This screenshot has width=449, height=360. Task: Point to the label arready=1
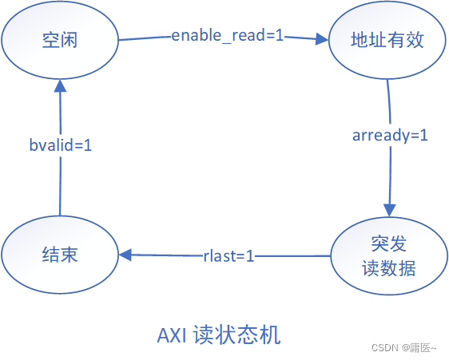click(x=390, y=135)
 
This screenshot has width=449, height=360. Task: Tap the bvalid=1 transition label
click(x=60, y=146)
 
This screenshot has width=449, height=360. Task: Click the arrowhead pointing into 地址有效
click(x=323, y=38)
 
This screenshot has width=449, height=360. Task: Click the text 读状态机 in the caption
click(x=237, y=334)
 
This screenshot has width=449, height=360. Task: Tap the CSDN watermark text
click(x=387, y=348)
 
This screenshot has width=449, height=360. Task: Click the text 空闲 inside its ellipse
click(x=60, y=38)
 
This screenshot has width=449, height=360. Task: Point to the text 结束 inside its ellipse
click(x=60, y=255)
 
